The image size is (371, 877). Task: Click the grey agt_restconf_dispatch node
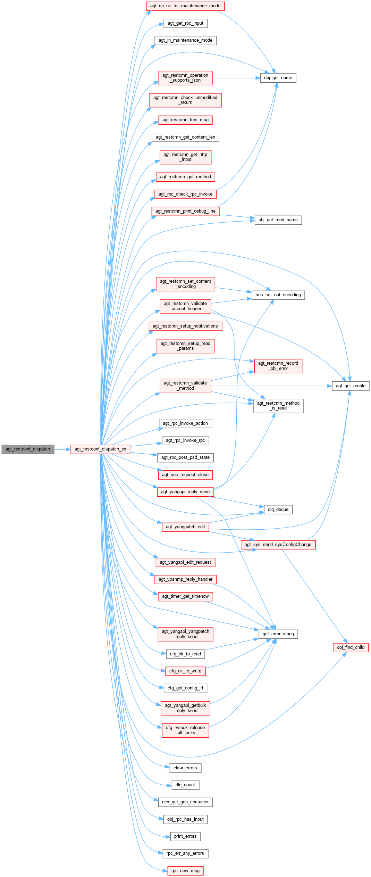28,449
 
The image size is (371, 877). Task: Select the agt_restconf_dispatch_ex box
100,449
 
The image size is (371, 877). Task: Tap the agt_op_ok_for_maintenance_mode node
185,6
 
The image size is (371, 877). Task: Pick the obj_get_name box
278,78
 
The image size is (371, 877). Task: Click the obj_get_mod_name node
278,220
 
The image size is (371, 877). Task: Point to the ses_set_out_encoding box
278,295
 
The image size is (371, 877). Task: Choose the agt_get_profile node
351,386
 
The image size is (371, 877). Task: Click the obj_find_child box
351,647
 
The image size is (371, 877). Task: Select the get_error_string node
278,634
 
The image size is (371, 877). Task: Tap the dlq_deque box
278,510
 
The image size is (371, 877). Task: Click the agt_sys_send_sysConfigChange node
278,545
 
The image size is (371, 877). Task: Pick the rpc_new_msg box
185,871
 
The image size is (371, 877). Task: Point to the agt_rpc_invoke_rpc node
185,440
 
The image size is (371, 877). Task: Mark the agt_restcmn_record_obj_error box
278,366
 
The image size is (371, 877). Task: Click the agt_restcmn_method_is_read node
278,406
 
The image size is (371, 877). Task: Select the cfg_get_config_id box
185,688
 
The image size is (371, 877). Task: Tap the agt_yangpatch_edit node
185,527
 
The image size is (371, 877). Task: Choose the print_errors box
185,836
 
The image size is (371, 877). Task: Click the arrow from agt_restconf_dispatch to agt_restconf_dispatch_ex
62,449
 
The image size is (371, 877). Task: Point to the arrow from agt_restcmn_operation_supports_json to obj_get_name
236,78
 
